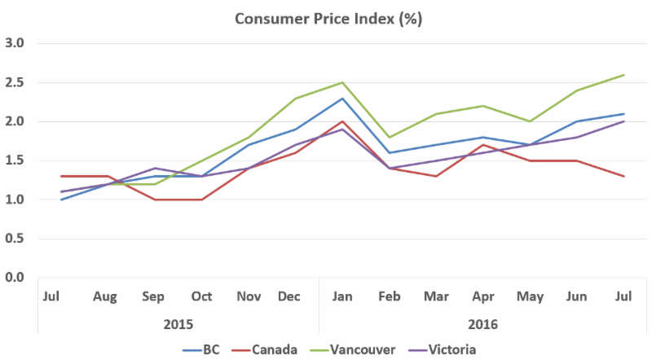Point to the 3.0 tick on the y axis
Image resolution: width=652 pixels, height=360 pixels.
tap(14, 43)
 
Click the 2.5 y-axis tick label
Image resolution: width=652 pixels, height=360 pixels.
tap(14, 82)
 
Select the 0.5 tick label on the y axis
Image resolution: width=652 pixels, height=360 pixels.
tap(14, 239)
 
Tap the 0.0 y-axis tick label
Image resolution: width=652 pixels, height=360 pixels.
tap(14, 278)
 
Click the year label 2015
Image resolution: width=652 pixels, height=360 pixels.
tap(178, 323)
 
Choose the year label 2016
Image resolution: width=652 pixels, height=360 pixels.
tap(482, 323)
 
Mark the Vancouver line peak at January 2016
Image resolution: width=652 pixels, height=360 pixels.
tap(342, 82)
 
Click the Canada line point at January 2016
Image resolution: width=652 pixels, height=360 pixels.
tap(342, 121)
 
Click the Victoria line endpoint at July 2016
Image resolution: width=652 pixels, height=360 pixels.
tap(624, 121)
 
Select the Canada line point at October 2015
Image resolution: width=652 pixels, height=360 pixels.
tap(200, 200)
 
